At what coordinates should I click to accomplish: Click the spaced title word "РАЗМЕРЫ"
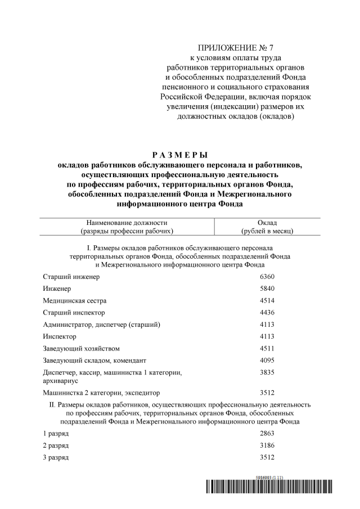180,154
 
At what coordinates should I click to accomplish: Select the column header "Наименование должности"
127,223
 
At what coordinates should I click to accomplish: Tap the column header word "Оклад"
267,223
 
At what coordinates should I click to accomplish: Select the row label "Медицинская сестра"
75,300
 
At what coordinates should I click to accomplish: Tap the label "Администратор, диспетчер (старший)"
102,325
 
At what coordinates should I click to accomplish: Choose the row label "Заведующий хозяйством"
82,348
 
